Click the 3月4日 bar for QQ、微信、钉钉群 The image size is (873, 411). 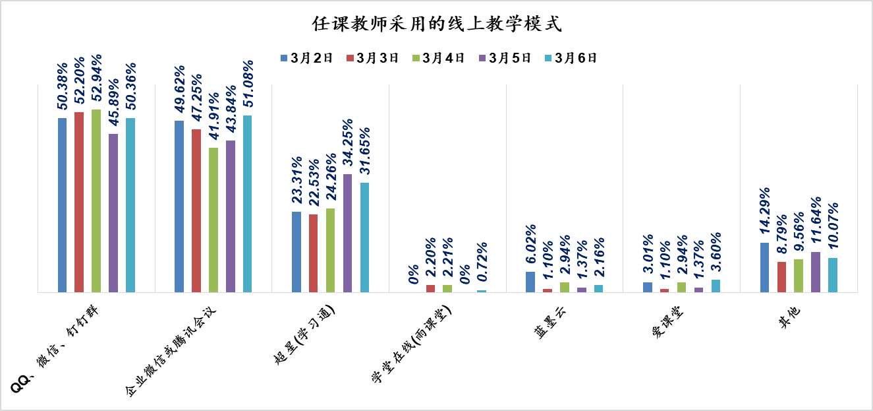[96, 201]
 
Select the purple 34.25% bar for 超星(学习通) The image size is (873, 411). [347, 233]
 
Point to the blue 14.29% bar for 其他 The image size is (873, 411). [764, 267]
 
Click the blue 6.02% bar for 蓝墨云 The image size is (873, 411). [530, 282]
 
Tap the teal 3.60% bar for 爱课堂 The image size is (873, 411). [716, 286]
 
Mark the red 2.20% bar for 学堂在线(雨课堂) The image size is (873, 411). [431, 288]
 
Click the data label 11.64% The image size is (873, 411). [816, 222]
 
